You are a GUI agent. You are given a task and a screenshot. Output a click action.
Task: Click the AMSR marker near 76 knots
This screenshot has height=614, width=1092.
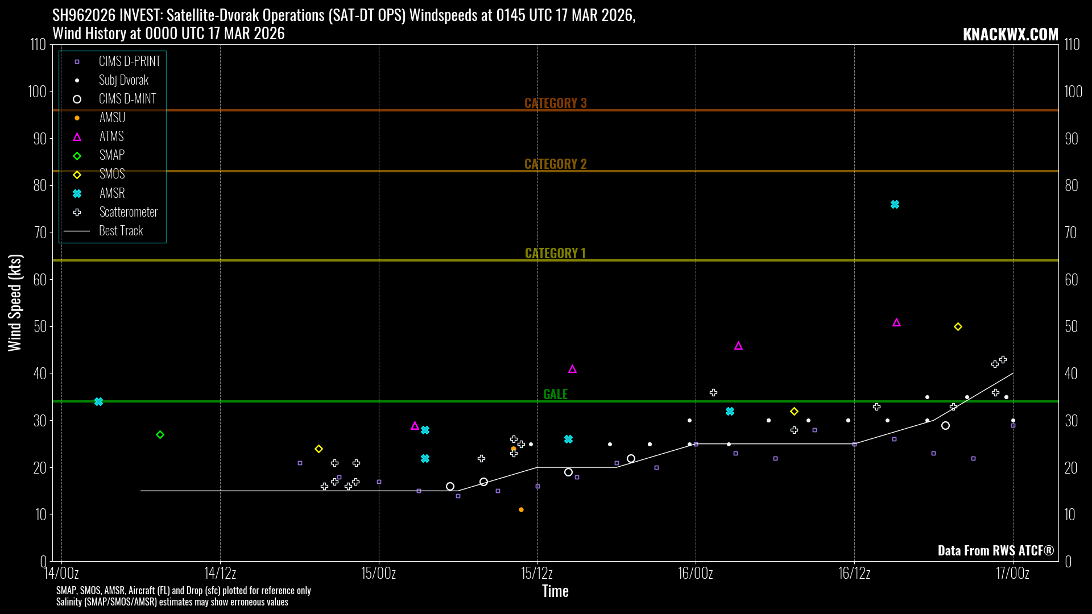895,205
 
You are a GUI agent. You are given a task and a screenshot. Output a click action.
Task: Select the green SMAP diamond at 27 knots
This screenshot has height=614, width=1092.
160,435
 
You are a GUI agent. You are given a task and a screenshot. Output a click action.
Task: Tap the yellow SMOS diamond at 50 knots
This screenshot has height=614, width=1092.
958,327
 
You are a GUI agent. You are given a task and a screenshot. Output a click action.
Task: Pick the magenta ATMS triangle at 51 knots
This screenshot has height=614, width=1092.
896,322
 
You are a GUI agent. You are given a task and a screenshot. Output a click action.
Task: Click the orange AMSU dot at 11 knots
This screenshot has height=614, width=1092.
521,510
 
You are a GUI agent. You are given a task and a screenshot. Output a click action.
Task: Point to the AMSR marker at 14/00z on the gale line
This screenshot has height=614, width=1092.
98,402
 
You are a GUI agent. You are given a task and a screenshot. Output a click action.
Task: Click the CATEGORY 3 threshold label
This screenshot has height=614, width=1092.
555,103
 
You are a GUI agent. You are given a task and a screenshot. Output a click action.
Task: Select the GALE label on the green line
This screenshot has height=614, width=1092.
555,394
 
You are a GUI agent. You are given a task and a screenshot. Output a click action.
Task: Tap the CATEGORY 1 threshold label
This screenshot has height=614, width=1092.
555,253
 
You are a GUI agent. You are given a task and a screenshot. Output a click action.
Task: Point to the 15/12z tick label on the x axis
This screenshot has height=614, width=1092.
537,573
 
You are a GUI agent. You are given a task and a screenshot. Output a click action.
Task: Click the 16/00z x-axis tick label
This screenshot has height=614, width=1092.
695,573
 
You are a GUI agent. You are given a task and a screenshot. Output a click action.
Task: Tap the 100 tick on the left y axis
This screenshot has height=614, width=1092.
37,92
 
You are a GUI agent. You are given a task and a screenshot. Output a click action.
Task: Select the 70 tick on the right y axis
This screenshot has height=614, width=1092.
1070,233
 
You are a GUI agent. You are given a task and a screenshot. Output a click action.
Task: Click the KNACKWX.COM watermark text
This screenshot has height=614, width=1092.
1010,34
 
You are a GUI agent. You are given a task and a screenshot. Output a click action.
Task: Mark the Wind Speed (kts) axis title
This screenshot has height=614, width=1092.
15,302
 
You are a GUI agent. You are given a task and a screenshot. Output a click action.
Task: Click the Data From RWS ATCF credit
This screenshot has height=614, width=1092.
995,550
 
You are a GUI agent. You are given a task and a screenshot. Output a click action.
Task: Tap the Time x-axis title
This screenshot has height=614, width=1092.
555,591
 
